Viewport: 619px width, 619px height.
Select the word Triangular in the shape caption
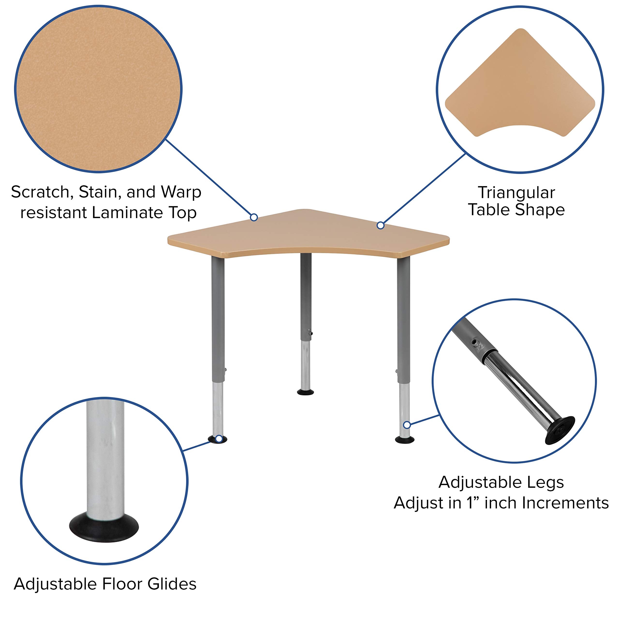516,193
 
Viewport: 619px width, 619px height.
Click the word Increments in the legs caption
566,503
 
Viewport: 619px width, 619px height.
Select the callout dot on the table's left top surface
254,218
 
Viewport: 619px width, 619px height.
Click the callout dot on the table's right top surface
380,226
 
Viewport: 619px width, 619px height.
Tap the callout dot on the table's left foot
219,439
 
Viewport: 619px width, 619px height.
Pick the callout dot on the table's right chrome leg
406,425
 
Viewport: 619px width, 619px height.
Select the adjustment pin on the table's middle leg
310,333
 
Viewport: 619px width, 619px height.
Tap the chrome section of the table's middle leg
305,365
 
